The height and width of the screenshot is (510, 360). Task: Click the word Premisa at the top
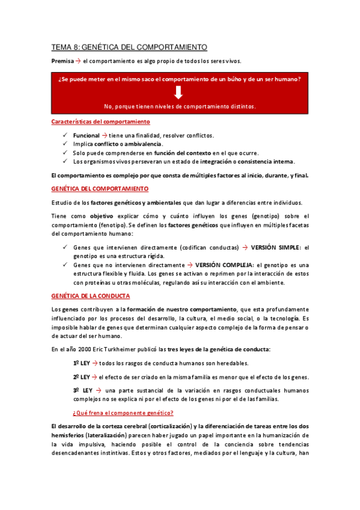click(62, 61)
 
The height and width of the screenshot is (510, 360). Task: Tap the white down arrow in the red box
click(178, 93)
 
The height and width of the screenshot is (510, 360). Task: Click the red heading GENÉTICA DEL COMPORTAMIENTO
click(100, 189)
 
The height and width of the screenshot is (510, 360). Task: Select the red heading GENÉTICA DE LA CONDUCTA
click(91, 296)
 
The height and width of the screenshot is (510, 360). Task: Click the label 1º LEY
click(81, 363)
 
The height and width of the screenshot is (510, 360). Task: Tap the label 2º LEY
click(81, 377)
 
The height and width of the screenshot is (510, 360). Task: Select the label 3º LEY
click(82, 390)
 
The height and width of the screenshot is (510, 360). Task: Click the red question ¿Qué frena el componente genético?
click(123, 413)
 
